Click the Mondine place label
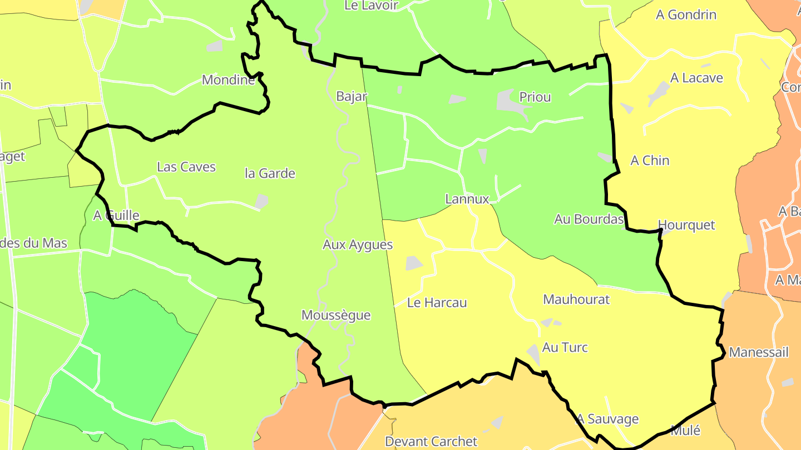tap(228, 80)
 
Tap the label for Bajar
tap(352, 97)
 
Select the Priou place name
tap(535, 97)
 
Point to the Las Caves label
tap(186, 167)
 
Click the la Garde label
tap(270, 173)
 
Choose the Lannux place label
tap(467, 199)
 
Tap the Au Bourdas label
tap(589, 219)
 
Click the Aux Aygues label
tap(358, 244)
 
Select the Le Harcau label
tap(437, 303)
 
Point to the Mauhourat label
tap(576, 299)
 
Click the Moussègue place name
tap(335, 316)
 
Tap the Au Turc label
tap(565, 348)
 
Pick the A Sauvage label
tap(607, 419)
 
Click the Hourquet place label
tap(686, 225)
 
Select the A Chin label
tap(649, 161)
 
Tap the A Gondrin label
tap(686, 15)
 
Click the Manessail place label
tap(758, 352)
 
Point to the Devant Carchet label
tap(431, 442)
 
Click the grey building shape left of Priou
tap(507, 101)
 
